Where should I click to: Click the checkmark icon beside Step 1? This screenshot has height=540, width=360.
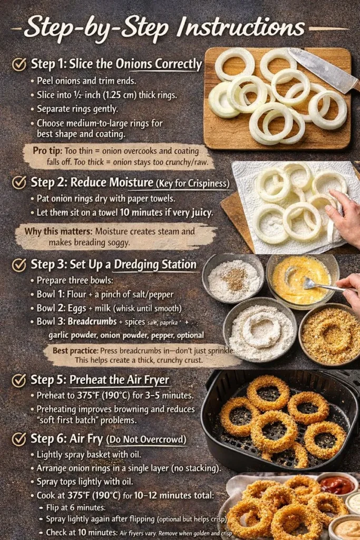[19, 64]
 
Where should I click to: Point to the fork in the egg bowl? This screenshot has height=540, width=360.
[316, 285]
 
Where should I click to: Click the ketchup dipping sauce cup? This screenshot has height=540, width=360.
[337, 485]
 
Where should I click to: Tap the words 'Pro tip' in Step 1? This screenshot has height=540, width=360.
[46, 150]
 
